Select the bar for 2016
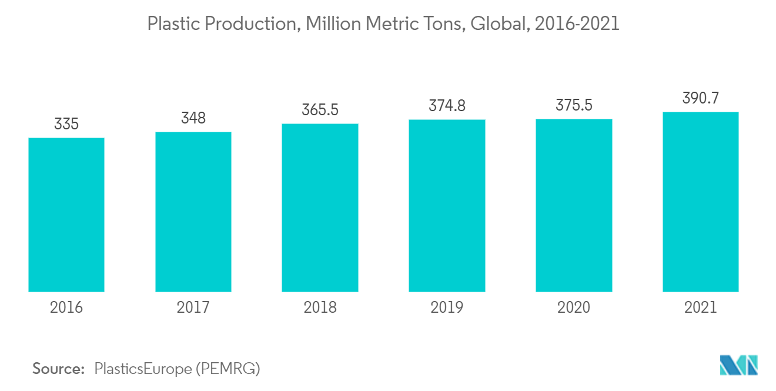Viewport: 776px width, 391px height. (x=66, y=215)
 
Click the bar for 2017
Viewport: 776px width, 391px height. (x=193, y=212)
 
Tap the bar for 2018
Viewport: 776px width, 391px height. (x=320, y=208)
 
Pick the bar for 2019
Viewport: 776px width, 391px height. (x=447, y=206)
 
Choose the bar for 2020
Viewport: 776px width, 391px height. (x=574, y=205)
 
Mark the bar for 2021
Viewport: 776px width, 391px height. (x=700, y=202)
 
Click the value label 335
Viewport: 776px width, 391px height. (x=66, y=125)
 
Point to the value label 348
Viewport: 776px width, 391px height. (x=193, y=118)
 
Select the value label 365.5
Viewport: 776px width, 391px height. (x=320, y=110)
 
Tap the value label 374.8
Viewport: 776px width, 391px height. (x=447, y=106)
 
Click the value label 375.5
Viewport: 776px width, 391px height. (x=574, y=105)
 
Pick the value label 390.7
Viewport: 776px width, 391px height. (x=700, y=98)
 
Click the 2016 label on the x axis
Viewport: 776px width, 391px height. (x=66, y=308)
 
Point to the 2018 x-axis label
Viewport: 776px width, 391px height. (x=320, y=308)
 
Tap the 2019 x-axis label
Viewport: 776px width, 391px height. (x=447, y=308)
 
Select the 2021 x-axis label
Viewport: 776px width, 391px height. (x=700, y=308)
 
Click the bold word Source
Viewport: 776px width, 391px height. (x=59, y=369)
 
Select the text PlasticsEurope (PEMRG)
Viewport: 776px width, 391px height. (x=177, y=369)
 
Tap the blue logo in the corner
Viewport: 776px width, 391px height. (x=738, y=365)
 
